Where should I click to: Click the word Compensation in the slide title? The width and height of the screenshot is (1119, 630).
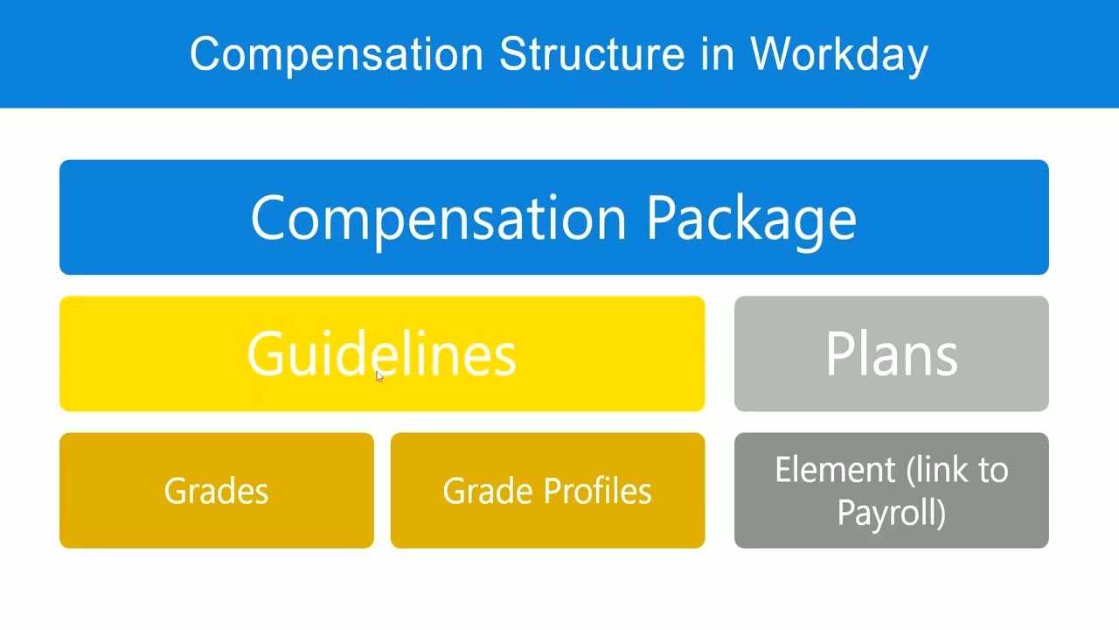336,54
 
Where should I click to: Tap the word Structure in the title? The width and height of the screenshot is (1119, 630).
592,54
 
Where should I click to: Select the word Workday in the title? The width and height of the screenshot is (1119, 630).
838,54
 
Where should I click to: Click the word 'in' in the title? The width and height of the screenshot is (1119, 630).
716,54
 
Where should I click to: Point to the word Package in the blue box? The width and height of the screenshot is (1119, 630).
751,218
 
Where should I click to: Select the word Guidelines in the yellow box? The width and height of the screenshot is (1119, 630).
382,354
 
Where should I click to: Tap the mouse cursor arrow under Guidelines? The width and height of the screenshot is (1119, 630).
379,375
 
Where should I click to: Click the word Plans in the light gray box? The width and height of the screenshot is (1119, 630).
891,354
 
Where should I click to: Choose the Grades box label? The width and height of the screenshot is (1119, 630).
216,491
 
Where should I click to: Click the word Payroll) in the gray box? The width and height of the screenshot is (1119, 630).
891,512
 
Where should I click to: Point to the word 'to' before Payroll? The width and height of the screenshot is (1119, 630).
991,471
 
